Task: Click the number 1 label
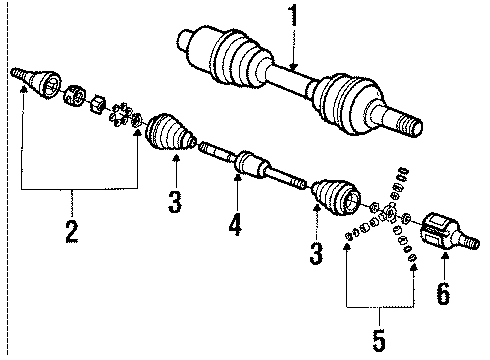pos(294,17)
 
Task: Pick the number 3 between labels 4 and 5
pos(316,254)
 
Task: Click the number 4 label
pos(236,226)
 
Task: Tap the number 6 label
pos(443,295)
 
